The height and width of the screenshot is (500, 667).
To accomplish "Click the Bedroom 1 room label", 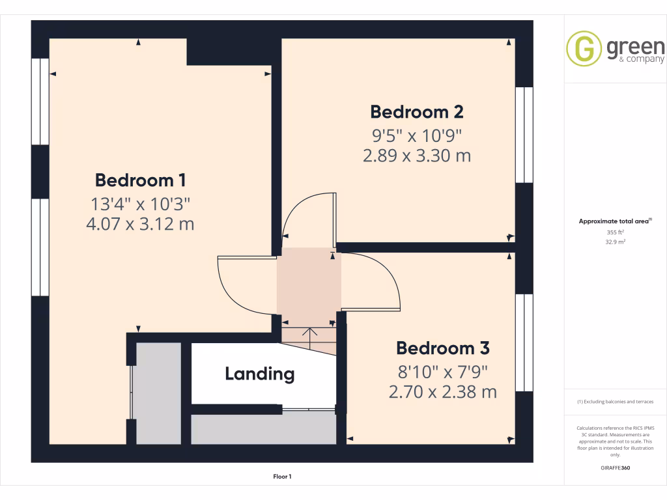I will pyautogui.click(x=141, y=180).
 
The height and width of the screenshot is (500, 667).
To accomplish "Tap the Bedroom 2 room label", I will pyautogui.click(x=417, y=112).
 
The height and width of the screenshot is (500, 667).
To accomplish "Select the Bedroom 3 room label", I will pyautogui.click(x=443, y=348).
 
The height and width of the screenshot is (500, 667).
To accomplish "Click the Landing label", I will pyautogui.click(x=260, y=374).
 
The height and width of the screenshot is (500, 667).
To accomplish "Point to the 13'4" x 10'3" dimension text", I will pyautogui.click(x=141, y=204).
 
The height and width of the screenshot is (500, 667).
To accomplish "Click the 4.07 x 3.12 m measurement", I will pyautogui.click(x=141, y=225).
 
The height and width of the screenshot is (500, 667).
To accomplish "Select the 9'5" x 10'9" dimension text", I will pyautogui.click(x=416, y=135).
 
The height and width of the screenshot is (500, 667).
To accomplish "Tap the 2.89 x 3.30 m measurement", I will pyautogui.click(x=416, y=156).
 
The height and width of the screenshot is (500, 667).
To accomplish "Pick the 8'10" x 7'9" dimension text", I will pyautogui.click(x=443, y=372).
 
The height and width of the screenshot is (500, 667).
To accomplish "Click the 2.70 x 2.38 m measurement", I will pyautogui.click(x=443, y=392).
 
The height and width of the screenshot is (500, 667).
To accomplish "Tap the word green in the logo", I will pyautogui.click(x=635, y=47).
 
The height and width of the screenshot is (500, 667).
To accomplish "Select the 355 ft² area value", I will pyautogui.click(x=616, y=232).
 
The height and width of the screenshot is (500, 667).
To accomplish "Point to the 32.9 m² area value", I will pyautogui.click(x=616, y=242).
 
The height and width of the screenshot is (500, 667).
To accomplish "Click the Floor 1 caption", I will pyautogui.click(x=282, y=477).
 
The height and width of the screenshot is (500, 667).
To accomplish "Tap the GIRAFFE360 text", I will pyautogui.click(x=616, y=467).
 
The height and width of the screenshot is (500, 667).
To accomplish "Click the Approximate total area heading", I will pyautogui.click(x=614, y=221).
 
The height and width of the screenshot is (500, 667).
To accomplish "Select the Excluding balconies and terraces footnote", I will pyautogui.click(x=616, y=402).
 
